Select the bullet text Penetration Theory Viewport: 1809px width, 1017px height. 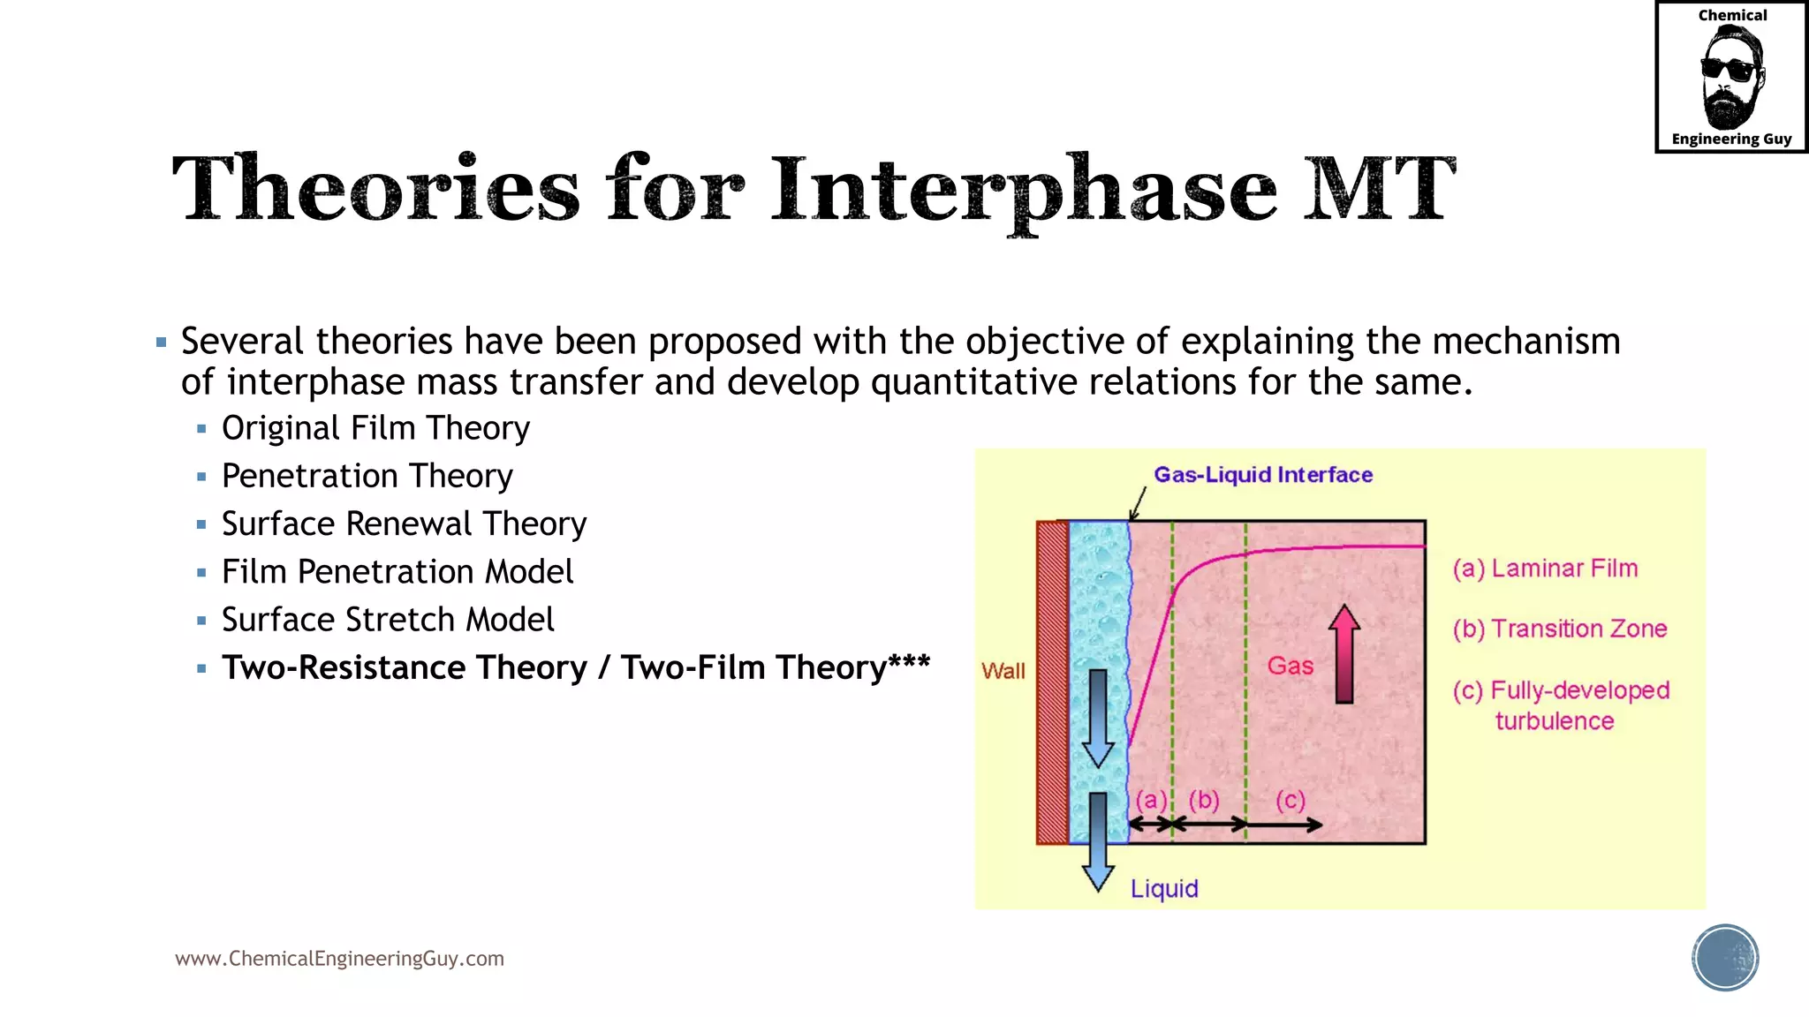tap(367, 476)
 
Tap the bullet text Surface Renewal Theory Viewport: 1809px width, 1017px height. tap(404, 524)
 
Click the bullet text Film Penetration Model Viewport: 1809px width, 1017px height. tap(397, 572)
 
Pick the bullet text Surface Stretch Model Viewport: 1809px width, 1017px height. tap(388, 620)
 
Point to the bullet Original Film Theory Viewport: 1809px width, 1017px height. tap(375, 428)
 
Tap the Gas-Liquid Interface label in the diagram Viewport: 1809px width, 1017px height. tap(1263, 475)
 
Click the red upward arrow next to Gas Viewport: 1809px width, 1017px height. tap(1344, 654)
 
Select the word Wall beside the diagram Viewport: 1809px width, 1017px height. tap(1003, 671)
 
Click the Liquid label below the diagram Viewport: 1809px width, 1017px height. tap(1164, 888)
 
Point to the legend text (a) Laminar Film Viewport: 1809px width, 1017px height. tap(1545, 569)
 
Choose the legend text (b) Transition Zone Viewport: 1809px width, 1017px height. tap(1560, 629)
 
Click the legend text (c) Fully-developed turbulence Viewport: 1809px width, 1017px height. tap(1561, 704)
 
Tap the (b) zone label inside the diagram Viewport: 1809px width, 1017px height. tap(1204, 800)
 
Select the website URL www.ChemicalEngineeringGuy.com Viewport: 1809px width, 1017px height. tap(339, 959)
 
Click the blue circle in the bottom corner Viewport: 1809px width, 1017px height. tap(1725, 958)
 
